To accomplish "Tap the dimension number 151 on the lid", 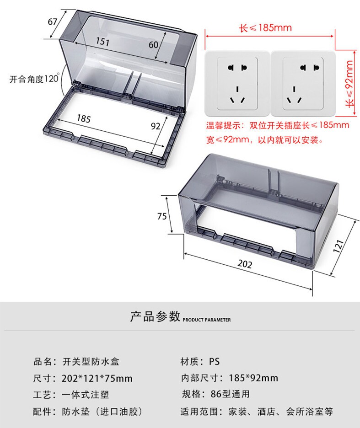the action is click(x=102, y=42).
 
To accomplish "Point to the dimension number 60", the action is click(x=153, y=44).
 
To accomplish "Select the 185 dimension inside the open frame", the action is click(x=83, y=119).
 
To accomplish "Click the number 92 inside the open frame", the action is click(x=156, y=126).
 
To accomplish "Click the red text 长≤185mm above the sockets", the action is click(x=266, y=28).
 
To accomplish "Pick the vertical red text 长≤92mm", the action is click(x=350, y=83).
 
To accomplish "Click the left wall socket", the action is click(x=237, y=83).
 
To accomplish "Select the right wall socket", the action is click(x=303, y=83).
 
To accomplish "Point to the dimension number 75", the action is click(x=162, y=217).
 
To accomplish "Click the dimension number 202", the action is click(x=245, y=264).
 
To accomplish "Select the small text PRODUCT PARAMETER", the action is click(x=207, y=320).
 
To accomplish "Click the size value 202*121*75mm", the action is click(x=97, y=378).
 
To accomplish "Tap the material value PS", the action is click(x=215, y=362).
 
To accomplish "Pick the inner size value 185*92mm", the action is click(x=250, y=378).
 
